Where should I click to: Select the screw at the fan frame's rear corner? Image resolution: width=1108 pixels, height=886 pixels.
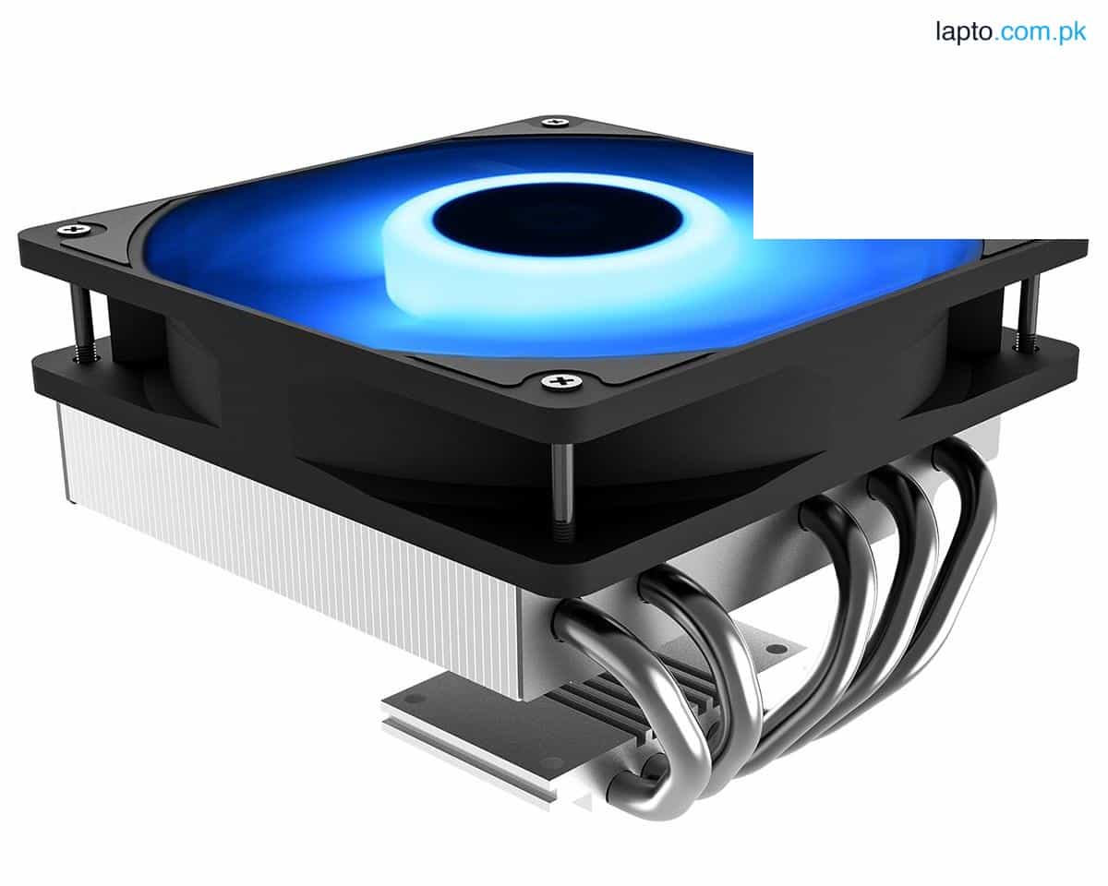tap(555, 122)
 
